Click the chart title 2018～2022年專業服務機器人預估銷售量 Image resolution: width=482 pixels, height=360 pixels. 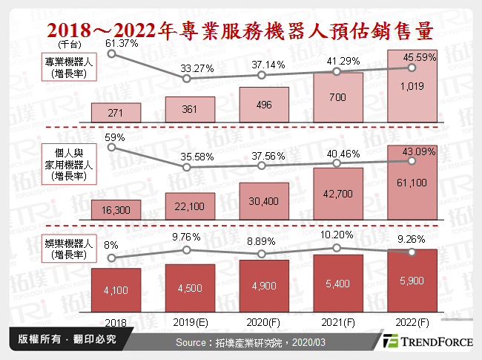click(x=241, y=31)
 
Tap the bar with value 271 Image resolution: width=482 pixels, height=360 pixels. click(x=114, y=112)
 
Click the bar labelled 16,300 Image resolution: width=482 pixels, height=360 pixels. click(x=114, y=210)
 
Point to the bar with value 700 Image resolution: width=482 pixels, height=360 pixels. click(x=337, y=97)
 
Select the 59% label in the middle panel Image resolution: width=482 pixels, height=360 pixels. click(x=114, y=137)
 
